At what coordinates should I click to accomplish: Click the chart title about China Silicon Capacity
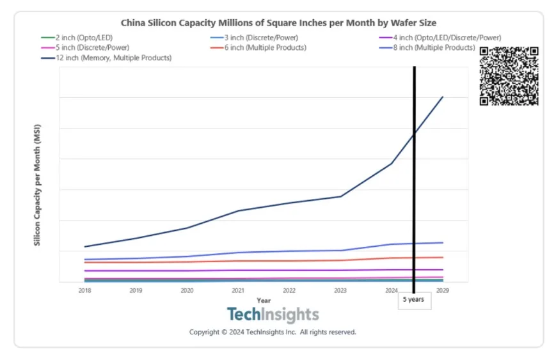(x=278, y=23)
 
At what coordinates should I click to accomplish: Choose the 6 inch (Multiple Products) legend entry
(x=263, y=48)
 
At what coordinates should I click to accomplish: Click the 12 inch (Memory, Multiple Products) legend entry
(x=109, y=58)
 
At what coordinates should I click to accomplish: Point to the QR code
(x=509, y=76)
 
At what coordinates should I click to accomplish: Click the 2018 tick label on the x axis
(x=84, y=290)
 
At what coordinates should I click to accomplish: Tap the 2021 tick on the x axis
(x=238, y=290)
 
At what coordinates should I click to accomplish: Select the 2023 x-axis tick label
(x=340, y=290)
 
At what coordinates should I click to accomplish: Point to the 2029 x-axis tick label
(x=442, y=290)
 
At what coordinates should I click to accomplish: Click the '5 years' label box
(x=414, y=300)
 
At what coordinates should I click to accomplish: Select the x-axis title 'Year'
(x=263, y=300)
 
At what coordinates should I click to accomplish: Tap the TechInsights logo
(x=273, y=315)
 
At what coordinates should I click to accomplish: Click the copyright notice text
(x=273, y=333)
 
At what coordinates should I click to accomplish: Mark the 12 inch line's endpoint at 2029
(x=443, y=97)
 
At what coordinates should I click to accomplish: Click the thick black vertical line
(x=414, y=192)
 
